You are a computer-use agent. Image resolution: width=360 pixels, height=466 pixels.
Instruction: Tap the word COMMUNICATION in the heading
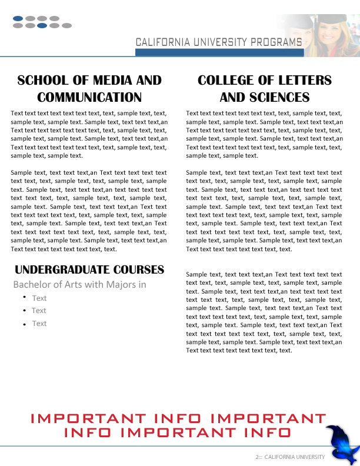[89, 97]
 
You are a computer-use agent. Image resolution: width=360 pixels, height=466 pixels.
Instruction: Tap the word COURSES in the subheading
[139, 270]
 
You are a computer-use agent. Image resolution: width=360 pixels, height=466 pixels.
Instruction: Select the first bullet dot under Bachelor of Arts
[24, 297]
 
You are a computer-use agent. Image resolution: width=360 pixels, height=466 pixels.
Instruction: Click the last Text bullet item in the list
[39, 324]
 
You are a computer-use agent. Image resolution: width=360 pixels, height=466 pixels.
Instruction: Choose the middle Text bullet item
[39, 311]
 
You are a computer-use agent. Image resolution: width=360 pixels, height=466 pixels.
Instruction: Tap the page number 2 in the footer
[257, 457]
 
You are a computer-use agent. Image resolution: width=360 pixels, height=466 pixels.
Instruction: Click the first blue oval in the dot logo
[18, 19]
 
